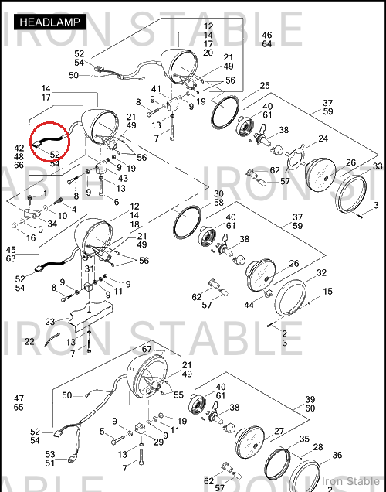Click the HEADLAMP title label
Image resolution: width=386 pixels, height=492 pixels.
click(x=50, y=22)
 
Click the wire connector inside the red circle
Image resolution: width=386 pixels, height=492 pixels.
click(x=36, y=144)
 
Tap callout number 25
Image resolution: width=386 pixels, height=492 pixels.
click(x=265, y=86)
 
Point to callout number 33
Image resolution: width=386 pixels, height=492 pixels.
click(x=378, y=166)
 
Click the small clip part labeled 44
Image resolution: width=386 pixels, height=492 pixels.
click(x=269, y=295)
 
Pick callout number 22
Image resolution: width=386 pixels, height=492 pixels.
click(x=29, y=341)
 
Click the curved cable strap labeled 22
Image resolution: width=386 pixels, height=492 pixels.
click(x=52, y=340)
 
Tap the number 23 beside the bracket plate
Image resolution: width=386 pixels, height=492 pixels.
click(x=50, y=322)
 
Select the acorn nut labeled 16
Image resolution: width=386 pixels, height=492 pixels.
click(x=15, y=225)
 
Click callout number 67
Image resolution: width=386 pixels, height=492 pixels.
click(x=147, y=349)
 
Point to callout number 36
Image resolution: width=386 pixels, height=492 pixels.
click(x=337, y=455)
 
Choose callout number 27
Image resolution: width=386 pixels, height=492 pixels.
click(x=279, y=432)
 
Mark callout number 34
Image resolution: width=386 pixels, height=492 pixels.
click(x=52, y=224)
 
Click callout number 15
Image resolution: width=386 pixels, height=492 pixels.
click(x=327, y=292)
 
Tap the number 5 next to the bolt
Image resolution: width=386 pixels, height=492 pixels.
click(x=102, y=432)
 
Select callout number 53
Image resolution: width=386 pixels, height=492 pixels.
click(x=49, y=454)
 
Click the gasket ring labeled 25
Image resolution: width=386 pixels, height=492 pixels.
click(x=225, y=112)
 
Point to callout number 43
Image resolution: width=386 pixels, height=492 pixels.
click(x=123, y=178)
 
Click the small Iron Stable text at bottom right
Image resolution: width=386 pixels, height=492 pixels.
click(x=350, y=481)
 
